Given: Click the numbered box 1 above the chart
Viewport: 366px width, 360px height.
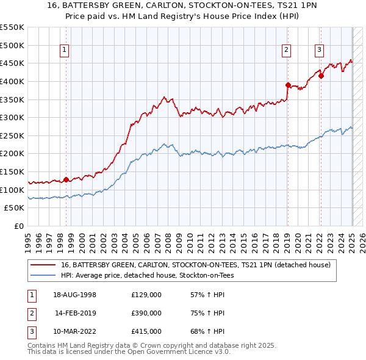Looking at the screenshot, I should point(65,51).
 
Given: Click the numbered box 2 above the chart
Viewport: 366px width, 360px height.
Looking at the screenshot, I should point(287,51).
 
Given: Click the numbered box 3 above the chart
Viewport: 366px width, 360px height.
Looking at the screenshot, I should point(320,51).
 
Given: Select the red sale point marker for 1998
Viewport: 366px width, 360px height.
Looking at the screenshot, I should point(66,179).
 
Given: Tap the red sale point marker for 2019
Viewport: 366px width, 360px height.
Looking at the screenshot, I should point(288,85).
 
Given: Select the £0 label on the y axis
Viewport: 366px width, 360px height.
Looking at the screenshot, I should point(18,226).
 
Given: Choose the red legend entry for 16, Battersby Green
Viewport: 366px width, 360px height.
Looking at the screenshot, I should point(195,265).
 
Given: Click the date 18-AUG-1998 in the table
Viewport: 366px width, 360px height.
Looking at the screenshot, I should point(75,294).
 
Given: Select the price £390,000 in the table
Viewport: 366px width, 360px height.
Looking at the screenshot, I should point(146,313).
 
